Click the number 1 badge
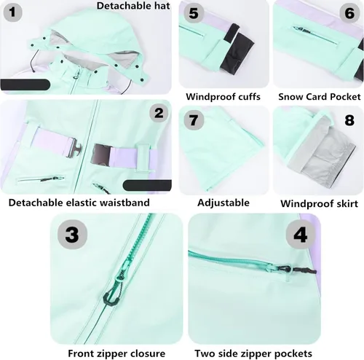point(12,12)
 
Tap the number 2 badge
point(159,113)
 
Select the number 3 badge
point(72,235)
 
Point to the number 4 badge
point(300,235)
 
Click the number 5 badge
point(194,13)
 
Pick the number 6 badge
point(349,12)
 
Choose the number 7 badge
point(194,120)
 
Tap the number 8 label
point(349,120)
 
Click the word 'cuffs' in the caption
point(249,97)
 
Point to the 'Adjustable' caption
point(223,203)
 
